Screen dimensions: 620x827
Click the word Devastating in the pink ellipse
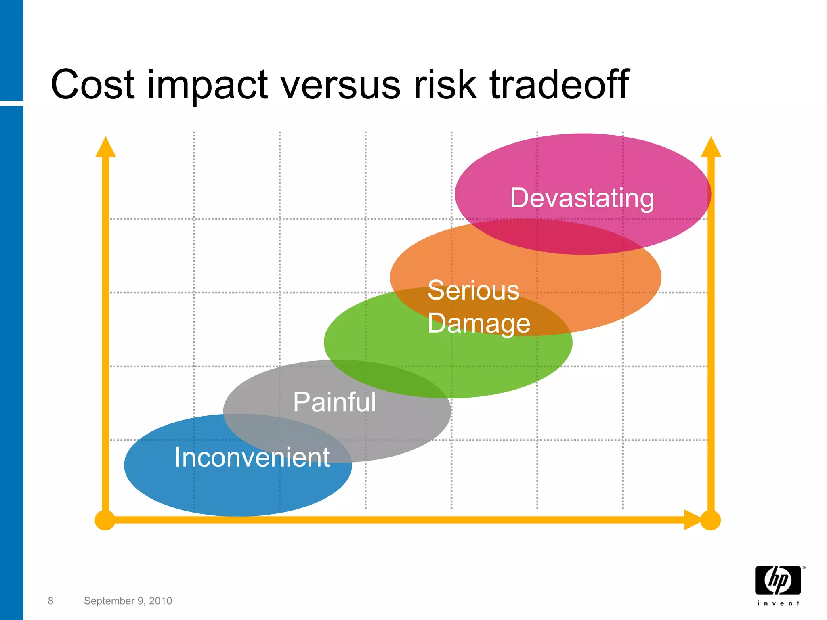(x=582, y=198)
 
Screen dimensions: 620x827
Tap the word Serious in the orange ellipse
(x=473, y=290)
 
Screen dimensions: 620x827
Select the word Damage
(x=479, y=324)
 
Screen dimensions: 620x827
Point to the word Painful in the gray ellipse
(x=334, y=402)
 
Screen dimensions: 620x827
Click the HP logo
(x=778, y=580)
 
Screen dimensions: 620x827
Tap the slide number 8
(x=50, y=601)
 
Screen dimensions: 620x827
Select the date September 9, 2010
(x=128, y=601)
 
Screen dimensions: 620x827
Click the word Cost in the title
(x=92, y=84)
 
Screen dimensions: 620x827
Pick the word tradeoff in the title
(x=559, y=84)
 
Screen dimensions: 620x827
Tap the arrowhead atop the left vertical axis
(x=106, y=147)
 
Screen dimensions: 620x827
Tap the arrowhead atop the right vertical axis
(x=711, y=147)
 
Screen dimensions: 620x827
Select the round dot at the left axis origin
(x=105, y=520)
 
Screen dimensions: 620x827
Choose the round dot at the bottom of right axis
(x=710, y=520)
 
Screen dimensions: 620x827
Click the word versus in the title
(x=340, y=84)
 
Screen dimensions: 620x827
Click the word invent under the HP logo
(x=778, y=603)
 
